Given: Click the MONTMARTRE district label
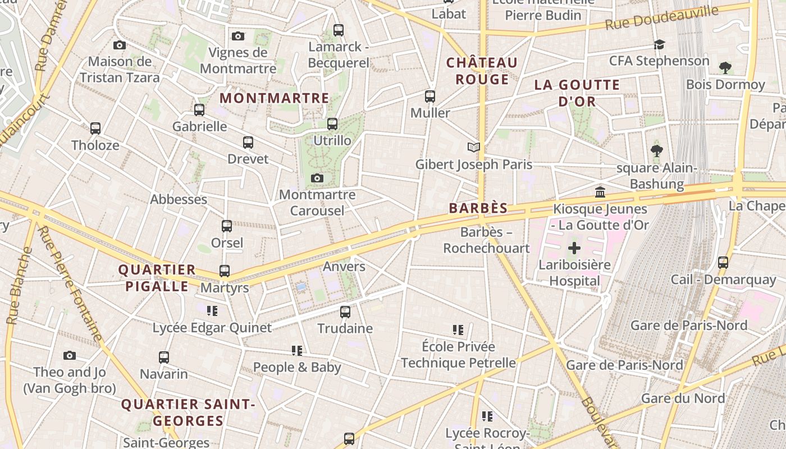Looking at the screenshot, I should tap(274, 98).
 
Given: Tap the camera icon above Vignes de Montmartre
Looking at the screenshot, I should tap(238, 36).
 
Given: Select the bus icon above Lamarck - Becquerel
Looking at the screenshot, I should tap(338, 30).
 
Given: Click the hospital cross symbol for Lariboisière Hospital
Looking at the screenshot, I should tap(574, 248).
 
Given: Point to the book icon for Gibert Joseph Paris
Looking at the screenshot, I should tap(474, 147).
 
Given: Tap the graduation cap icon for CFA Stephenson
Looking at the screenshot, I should tap(659, 44).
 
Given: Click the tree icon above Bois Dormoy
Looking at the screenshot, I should tap(725, 68).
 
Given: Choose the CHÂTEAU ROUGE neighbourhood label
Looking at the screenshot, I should tap(482, 71).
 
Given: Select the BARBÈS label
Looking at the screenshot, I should tap(478, 208).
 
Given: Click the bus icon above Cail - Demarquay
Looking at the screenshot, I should tap(723, 262).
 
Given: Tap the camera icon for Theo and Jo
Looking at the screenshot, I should tap(70, 355).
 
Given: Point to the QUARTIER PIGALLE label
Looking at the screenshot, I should tap(157, 278).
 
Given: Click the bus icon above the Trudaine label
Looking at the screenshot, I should tap(345, 311).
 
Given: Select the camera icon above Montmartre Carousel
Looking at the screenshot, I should tap(317, 178).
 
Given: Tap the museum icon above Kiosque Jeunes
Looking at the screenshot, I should tap(600, 192).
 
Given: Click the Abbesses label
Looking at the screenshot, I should tap(179, 199).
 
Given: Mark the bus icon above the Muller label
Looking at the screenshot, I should tap(430, 97).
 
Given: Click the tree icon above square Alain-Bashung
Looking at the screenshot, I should tap(657, 150).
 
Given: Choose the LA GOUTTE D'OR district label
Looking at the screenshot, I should tap(577, 93).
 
